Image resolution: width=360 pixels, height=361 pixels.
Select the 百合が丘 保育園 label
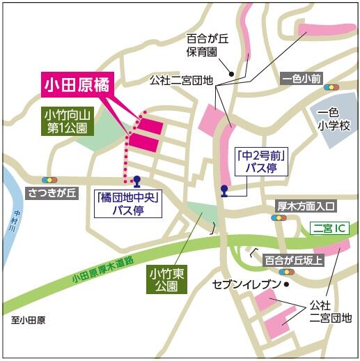pos(203,45)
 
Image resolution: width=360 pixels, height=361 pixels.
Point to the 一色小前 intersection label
pos(303,79)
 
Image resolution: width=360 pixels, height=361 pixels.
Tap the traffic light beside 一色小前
pos(332,88)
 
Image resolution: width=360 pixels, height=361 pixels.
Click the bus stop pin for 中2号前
pos(224,189)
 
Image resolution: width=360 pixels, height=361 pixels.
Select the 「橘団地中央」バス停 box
pos(128,203)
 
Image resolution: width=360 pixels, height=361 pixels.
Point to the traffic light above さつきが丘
pos(50,179)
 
